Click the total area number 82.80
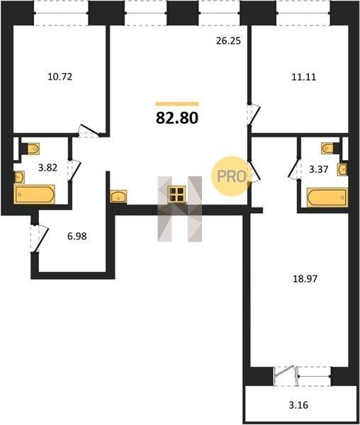(177, 118)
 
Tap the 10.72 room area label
(60, 77)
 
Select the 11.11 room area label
(304, 77)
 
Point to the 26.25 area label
(228, 40)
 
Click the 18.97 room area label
(305, 278)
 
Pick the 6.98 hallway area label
(77, 237)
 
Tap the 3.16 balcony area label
(298, 405)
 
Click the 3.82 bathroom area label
(47, 168)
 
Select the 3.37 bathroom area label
(319, 170)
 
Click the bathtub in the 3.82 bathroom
(35, 194)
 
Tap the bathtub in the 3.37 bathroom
(327, 197)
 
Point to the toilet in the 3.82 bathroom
(31, 149)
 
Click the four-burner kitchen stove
(176, 194)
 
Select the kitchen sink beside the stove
(118, 196)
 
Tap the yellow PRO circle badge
(231, 176)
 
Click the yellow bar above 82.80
(177, 104)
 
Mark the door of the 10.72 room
(89, 131)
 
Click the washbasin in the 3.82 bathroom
(19, 177)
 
